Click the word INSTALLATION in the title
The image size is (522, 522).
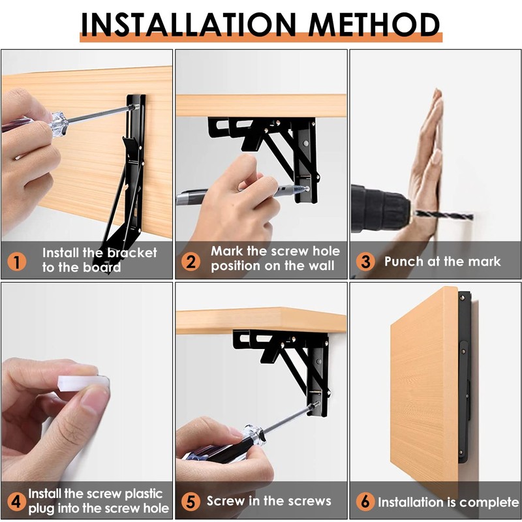click(189, 25)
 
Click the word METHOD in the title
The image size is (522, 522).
click(374, 25)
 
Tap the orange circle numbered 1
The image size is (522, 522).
click(17, 262)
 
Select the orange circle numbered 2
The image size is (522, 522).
click(191, 262)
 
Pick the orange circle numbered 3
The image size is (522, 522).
click(365, 262)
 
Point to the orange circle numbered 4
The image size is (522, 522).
click(17, 502)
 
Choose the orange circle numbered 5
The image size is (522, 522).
click(191, 502)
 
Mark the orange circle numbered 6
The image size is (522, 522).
click(365, 502)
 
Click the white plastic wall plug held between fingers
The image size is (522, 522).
click(84, 383)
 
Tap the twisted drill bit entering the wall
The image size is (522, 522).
click(442, 215)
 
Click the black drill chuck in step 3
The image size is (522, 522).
click(380, 208)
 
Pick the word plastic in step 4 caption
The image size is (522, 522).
click(144, 495)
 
